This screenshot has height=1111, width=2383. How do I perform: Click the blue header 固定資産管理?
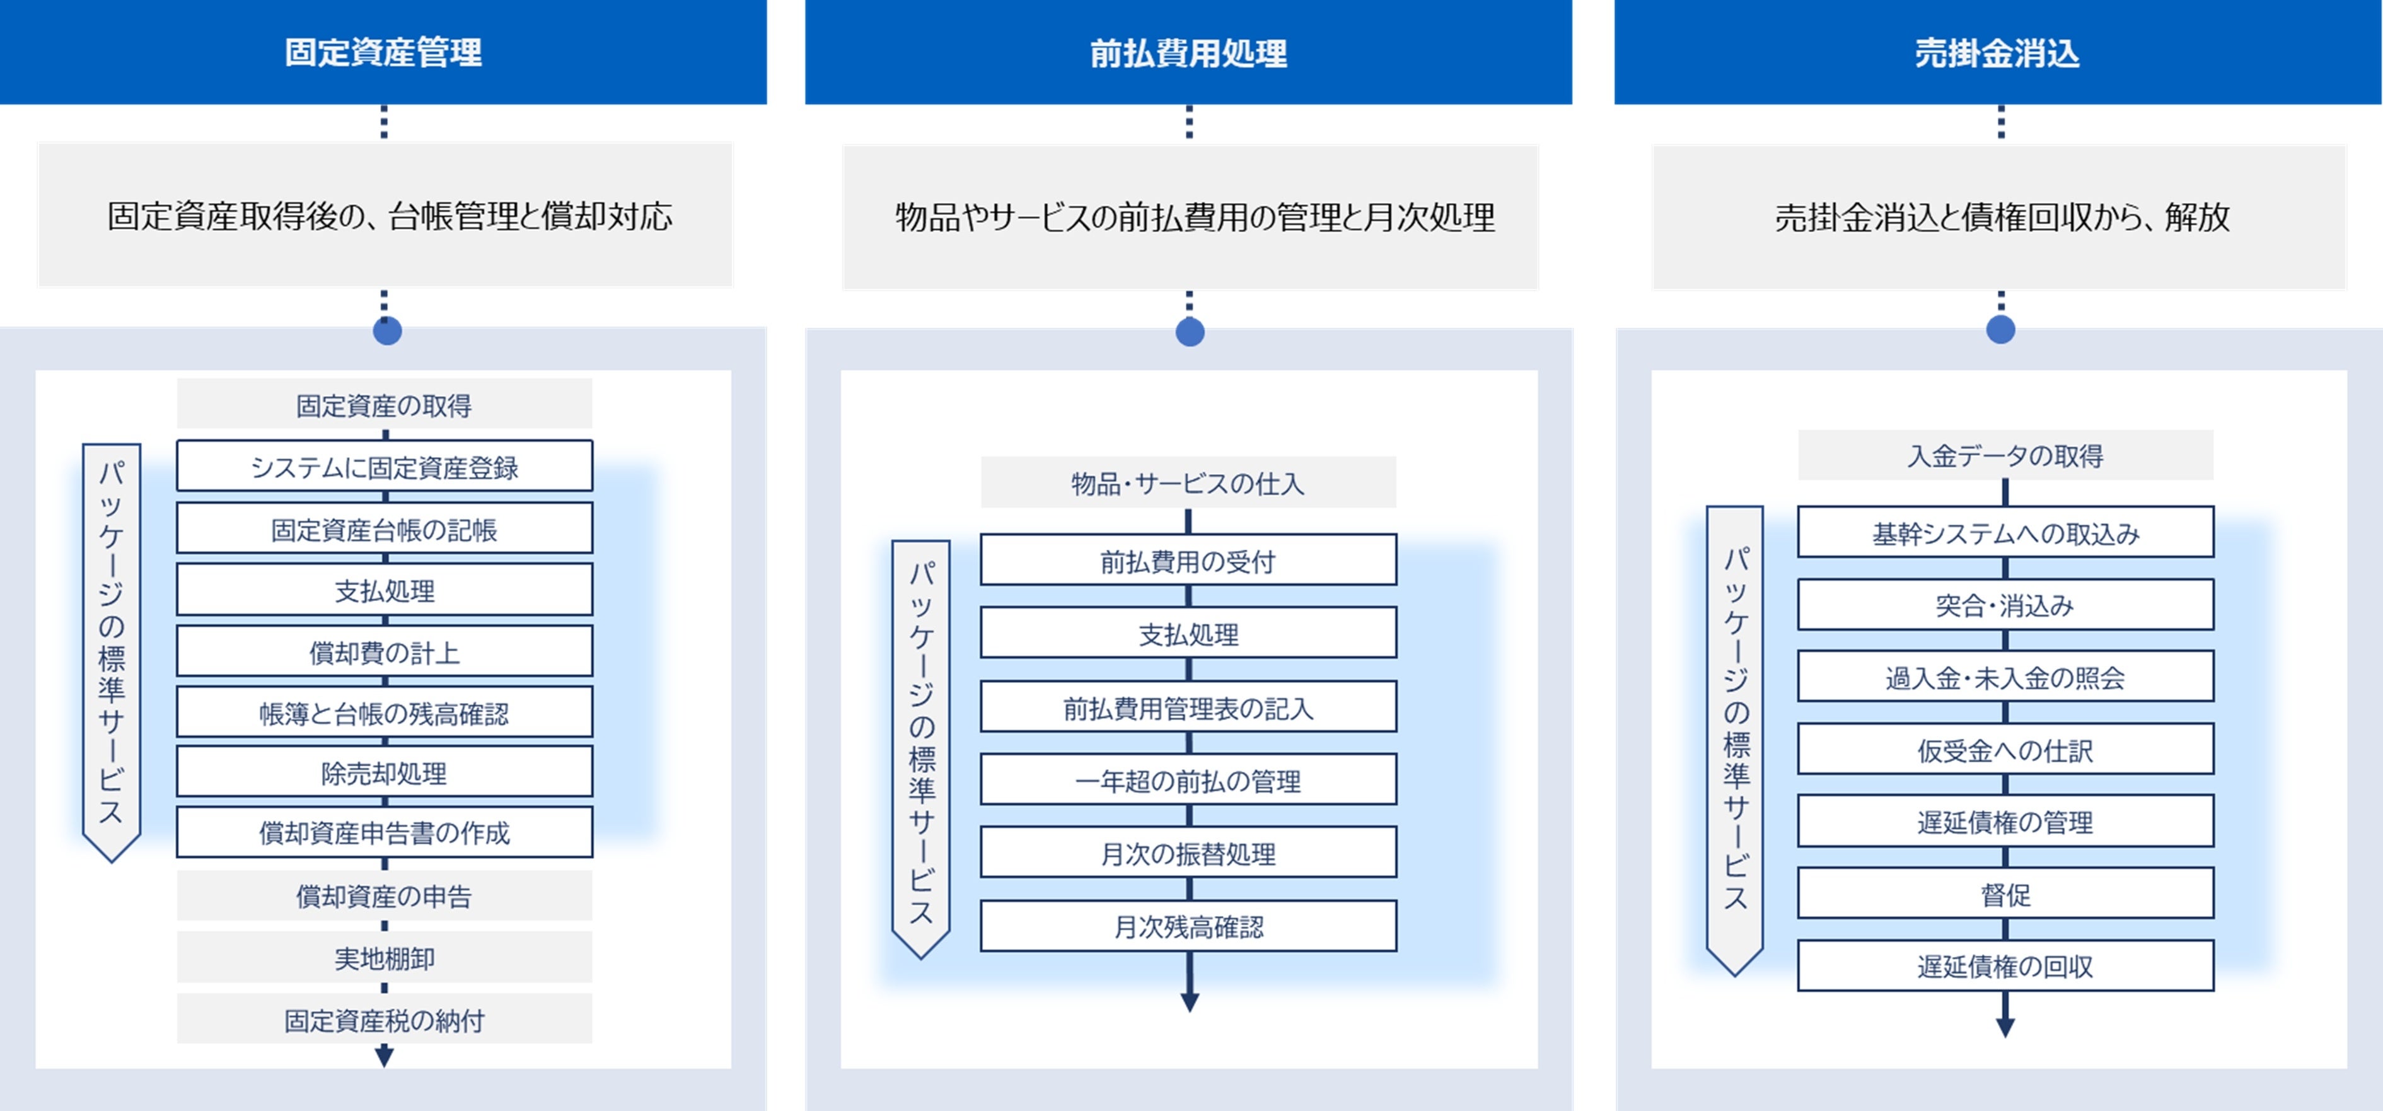383,52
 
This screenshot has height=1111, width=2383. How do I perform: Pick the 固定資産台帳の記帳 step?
384,528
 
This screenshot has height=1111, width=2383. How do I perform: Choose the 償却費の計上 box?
384,651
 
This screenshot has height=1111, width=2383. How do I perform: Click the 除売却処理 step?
384,772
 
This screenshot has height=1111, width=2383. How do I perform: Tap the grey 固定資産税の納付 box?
384,1020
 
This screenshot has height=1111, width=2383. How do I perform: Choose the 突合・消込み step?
2005,605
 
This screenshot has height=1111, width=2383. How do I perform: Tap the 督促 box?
2005,893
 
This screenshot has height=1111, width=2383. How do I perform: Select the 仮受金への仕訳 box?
2005,749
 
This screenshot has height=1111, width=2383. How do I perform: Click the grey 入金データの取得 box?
2005,455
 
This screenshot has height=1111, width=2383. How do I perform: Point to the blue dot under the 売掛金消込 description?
2000,329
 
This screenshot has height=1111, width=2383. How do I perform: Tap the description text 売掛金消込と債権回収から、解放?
2002,216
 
